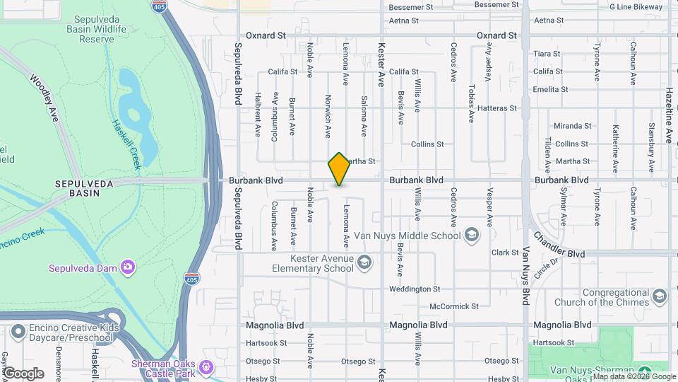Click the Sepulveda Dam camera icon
tap(128, 267)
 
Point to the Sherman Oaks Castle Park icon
tap(206, 367)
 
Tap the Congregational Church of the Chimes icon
tap(660, 296)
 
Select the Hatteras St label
tap(497, 109)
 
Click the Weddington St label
tap(415, 289)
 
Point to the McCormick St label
tap(454, 307)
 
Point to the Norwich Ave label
tap(328, 116)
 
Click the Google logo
tap(24, 374)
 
